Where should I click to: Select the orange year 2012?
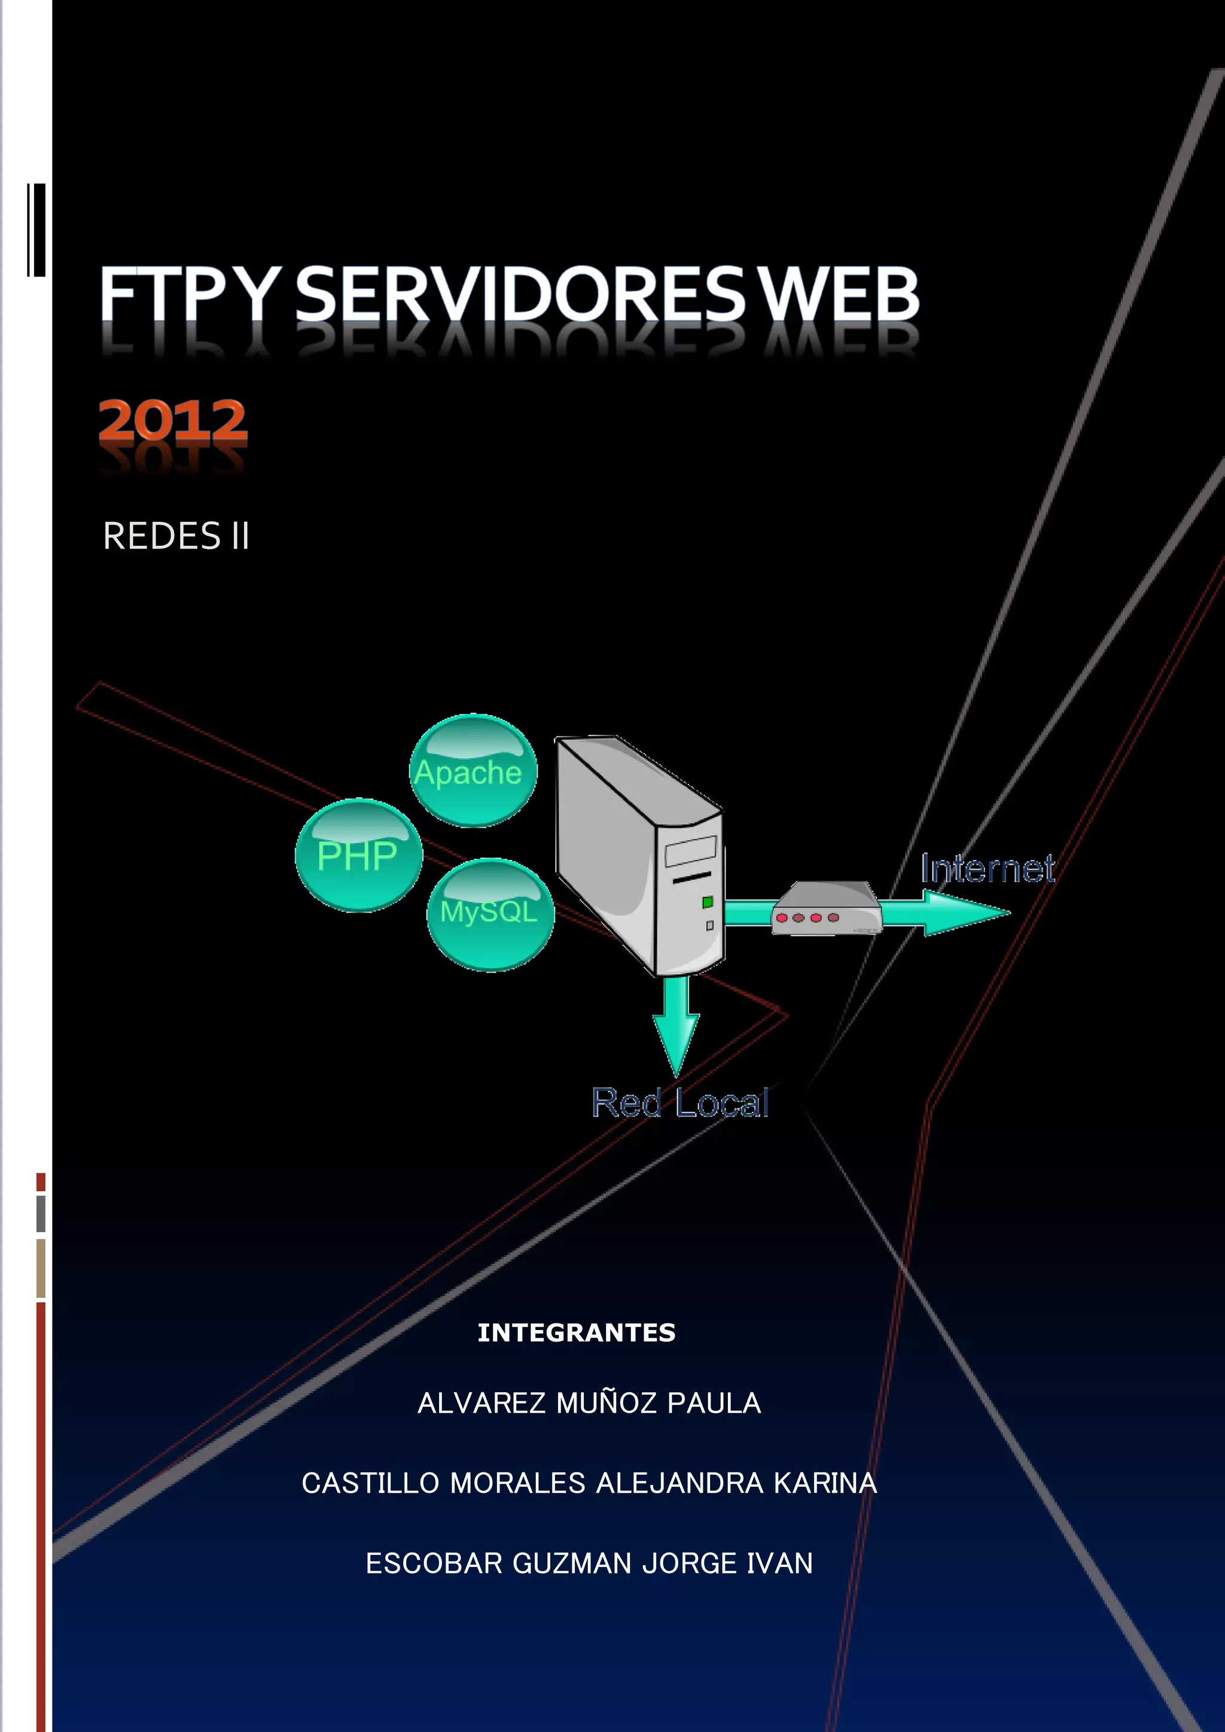point(173,420)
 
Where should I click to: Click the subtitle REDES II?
point(176,536)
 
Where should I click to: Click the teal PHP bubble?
point(358,855)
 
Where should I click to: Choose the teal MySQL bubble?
point(490,914)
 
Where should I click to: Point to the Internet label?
point(988,869)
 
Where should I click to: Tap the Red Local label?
point(679,1103)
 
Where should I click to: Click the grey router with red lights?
point(826,910)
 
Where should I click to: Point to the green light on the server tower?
point(708,902)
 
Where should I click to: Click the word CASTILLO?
point(370,1483)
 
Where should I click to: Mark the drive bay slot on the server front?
point(690,851)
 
